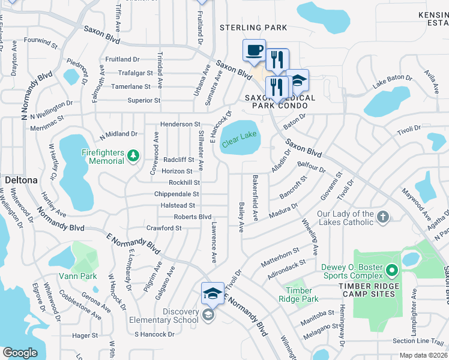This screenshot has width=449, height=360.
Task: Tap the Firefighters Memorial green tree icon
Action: coord(133,157)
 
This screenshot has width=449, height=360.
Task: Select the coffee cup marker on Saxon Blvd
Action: coord(254,50)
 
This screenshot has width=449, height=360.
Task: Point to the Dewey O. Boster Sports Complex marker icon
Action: coord(393,270)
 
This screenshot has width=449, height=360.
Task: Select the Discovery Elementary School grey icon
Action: coord(208,316)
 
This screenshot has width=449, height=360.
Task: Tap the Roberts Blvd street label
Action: coord(193,217)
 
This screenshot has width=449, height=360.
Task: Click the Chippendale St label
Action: coord(176,194)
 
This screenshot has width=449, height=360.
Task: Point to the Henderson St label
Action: coord(180,124)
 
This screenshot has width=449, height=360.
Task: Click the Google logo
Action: coord(20,353)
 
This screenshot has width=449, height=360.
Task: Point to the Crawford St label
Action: coord(164,228)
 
